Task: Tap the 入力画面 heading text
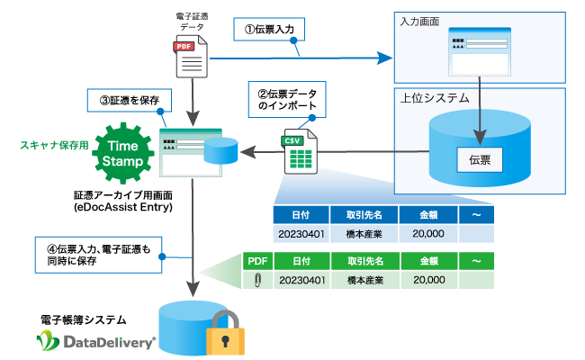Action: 419,21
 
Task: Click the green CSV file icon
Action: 298,155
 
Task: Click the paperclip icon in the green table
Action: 256,280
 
